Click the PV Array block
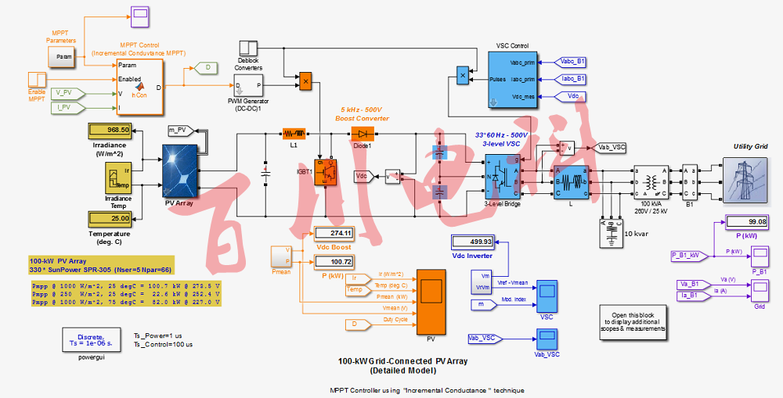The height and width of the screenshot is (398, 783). point(179,171)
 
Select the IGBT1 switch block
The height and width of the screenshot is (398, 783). point(325,173)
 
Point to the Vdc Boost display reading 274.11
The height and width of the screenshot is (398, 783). point(334,233)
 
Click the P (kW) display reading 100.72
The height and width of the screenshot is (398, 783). point(334,261)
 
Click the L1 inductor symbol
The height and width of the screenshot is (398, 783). point(294,134)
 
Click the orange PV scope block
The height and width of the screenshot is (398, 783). point(431,301)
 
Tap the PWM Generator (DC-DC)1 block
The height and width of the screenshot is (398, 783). point(251,85)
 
